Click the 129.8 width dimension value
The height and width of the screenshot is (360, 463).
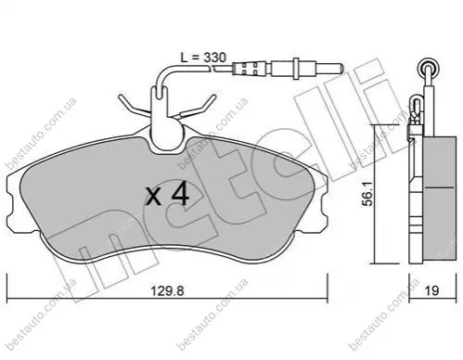pyautogui.click(x=167, y=291)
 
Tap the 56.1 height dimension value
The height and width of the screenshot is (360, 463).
pyautogui.click(x=368, y=194)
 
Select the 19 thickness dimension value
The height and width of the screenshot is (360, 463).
pyautogui.click(x=432, y=291)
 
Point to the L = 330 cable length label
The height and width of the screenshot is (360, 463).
pyautogui.click(x=203, y=58)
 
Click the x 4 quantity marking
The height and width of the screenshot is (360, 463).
pyautogui.click(x=167, y=196)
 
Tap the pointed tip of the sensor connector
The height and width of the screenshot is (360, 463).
pyautogui.click(x=341, y=68)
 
